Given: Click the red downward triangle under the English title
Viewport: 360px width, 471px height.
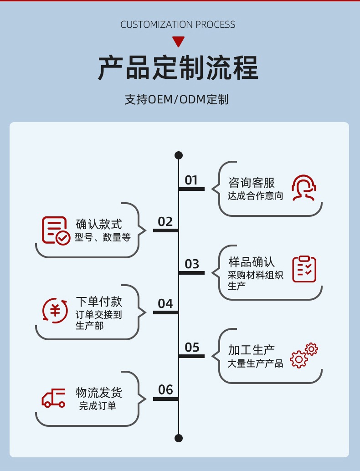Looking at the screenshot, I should (178, 42).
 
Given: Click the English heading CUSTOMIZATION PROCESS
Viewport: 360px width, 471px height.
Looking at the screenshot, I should (178, 25).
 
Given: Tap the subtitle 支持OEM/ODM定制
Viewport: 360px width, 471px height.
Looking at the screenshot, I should (177, 99).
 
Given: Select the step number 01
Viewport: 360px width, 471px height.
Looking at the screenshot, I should (191, 180).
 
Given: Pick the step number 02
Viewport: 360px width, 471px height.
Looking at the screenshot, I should (165, 222).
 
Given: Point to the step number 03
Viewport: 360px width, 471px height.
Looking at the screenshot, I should (192, 264).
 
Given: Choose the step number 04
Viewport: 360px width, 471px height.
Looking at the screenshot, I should (165, 304).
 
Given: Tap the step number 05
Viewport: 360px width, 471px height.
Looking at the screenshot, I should (192, 348).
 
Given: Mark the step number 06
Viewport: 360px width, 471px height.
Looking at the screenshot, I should (165, 390).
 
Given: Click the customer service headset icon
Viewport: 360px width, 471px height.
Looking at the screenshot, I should (304, 188).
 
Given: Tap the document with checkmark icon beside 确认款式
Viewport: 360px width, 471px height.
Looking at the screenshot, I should (56, 230).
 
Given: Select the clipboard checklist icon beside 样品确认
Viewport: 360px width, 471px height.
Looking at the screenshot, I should (304, 269).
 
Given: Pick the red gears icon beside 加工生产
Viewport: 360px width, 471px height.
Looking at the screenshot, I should (304, 355).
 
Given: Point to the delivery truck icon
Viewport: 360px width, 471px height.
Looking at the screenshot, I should (54, 398).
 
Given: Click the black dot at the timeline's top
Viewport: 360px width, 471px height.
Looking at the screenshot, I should (179, 155).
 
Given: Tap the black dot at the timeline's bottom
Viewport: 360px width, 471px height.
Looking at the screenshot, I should (179, 438).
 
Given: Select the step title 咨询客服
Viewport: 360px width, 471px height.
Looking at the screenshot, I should (252, 183).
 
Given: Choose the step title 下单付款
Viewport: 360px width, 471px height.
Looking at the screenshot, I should (99, 302).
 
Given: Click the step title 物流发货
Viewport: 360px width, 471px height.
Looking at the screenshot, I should (99, 393).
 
